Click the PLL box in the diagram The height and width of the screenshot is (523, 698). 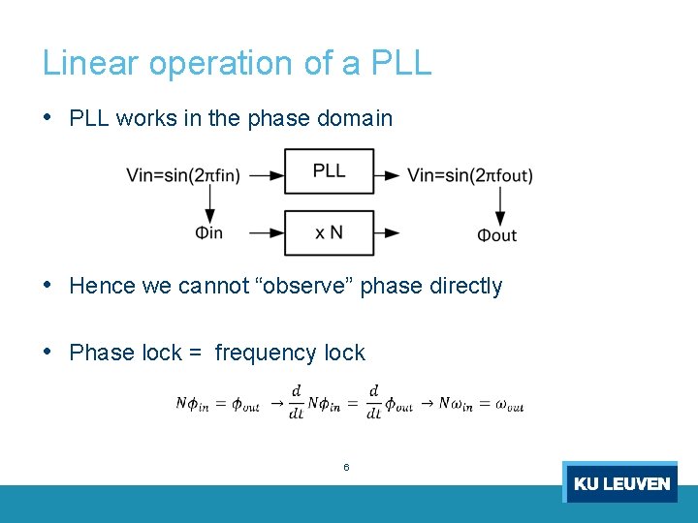tap(329, 171)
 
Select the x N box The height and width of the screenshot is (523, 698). tap(329, 232)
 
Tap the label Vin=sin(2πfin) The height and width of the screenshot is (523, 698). tap(183, 175)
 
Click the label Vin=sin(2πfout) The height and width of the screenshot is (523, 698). tap(470, 175)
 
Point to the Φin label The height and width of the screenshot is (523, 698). tap(208, 233)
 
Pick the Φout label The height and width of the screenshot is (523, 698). tap(497, 234)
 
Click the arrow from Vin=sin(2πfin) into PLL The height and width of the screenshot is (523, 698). tap(266, 175)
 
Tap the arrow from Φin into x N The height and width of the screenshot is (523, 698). tap(266, 232)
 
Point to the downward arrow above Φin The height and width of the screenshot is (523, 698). tap(209, 203)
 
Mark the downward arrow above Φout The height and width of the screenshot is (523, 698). tap(500, 204)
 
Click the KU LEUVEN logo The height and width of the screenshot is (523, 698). tap(620, 482)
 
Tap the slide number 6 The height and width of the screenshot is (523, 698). tap(346, 468)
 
